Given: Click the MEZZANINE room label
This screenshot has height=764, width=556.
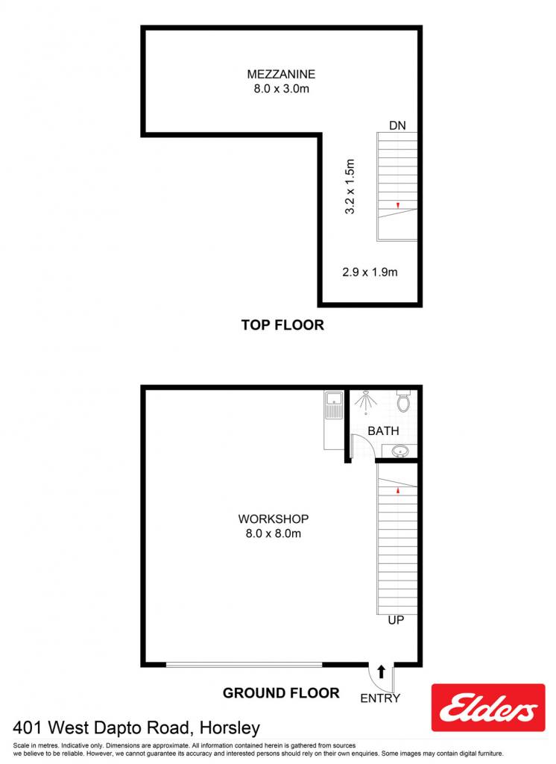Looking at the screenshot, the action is [281, 74].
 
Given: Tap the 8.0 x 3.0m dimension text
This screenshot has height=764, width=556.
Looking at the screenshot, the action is [281, 89].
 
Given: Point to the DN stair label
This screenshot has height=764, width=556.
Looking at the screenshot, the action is [397, 125].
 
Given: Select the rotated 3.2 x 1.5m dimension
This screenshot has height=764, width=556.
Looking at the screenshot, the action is [350, 186].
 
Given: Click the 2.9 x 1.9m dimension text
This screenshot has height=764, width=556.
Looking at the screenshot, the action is [370, 272].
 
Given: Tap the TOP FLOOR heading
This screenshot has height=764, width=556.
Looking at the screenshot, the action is [282, 325].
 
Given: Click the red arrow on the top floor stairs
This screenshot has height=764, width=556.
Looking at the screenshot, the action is [398, 205].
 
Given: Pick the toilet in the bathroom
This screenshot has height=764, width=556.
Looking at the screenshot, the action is [404, 401].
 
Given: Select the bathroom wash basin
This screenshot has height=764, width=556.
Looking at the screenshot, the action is [400, 451].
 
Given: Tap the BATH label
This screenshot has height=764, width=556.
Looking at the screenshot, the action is [383, 430].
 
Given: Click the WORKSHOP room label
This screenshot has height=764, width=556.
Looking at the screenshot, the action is [273, 519].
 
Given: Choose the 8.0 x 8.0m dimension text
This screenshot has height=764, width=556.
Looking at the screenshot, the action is [273, 533].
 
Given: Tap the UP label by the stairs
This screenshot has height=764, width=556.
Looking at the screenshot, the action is [396, 620].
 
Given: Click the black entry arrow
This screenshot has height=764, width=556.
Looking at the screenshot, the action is [381, 672].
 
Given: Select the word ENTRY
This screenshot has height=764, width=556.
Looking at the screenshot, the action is [380, 698].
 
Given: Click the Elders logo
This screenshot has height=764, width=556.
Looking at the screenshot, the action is [488, 707].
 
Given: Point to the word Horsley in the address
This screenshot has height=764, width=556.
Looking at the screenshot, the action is [230, 728].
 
